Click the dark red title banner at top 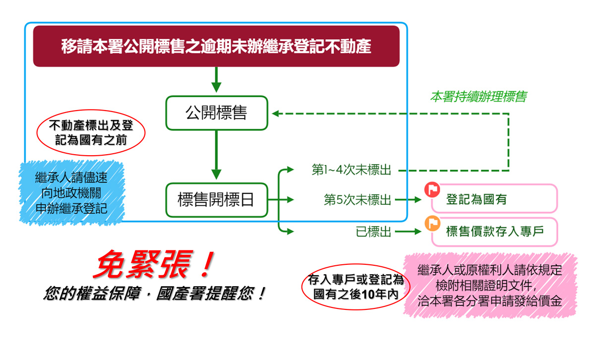click(x=216, y=46)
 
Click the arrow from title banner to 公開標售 click(x=216, y=79)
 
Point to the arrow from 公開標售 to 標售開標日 click(x=216, y=155)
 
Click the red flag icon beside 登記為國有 click(x=432, y=189)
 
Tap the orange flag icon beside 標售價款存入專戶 click(x=432, y=223)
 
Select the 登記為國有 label click(x=476, y=199)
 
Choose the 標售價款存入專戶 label click(x=495, y=231)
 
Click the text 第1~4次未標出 click(x=351, y=170)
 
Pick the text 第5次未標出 click(x=357, y=199)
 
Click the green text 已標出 click(x=373, y=232)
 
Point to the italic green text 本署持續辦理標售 click(x=478, y=96)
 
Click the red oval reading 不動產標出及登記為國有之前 click(x=91, y=110)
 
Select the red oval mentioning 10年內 click(x=356, y=264)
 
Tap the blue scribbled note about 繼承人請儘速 click(x=71, y=193)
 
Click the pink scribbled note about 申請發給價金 click(x=490, y=286)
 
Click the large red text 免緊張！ click(x=154, y=264)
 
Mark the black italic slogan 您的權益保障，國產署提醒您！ click(x=155, y=294)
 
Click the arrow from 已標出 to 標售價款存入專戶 click(x=408, y=232)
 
